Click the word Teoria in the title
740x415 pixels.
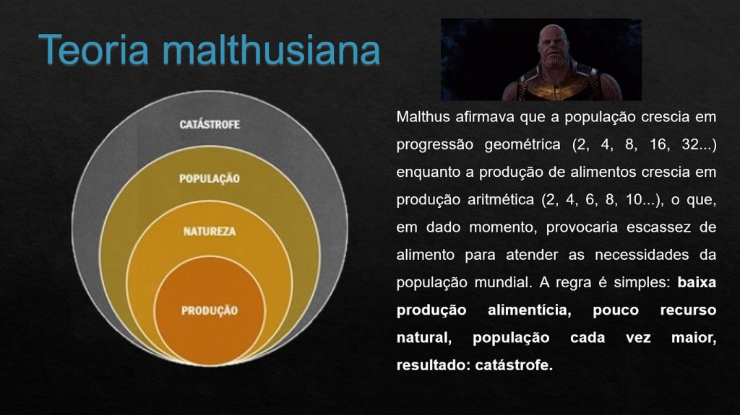94,49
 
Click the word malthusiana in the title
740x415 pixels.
272,49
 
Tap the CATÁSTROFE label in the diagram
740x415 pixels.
210,124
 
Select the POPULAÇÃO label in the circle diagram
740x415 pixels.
210,179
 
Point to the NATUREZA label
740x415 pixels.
210,232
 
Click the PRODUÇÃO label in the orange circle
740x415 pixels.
210,311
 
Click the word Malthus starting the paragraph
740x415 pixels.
423,116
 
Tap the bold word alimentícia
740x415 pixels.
530,310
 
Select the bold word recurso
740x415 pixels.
688,310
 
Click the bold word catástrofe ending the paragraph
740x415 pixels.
514,365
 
